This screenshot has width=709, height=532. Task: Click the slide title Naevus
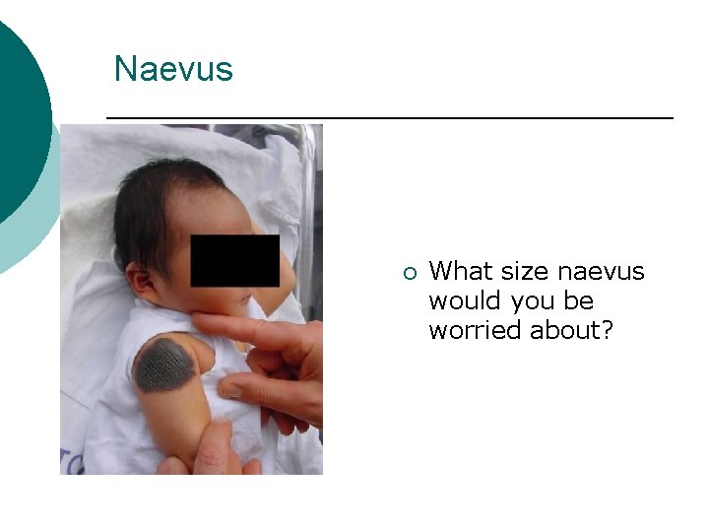point(173,69)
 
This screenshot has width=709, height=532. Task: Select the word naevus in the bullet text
point(602,271)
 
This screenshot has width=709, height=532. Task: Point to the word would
point(462,300)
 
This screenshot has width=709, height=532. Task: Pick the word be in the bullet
point(580,300)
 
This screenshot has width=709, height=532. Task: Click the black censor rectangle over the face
point(234,260)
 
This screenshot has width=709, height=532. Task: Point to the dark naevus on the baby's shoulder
point(165,364)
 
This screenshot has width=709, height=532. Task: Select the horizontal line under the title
point(389,118)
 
